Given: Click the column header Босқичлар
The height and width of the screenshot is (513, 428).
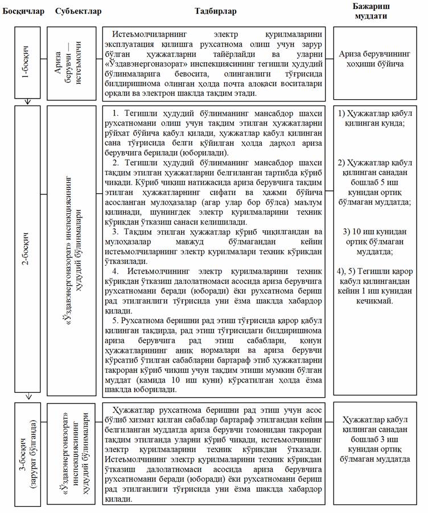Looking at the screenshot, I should (x=23, y=11).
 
